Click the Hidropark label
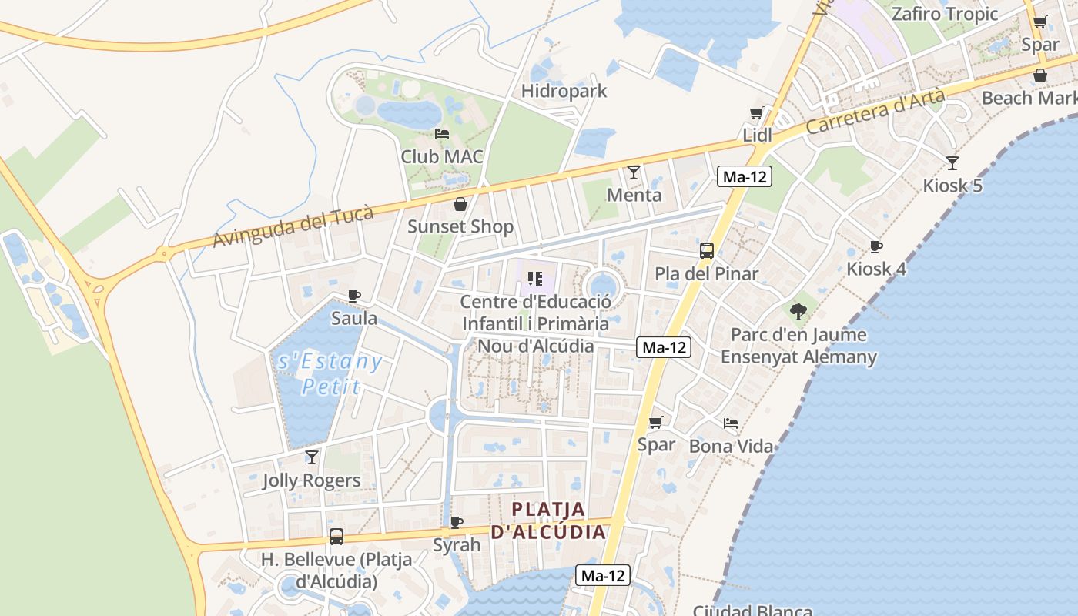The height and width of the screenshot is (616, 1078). [564, 91]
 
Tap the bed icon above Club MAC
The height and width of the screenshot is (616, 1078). [442, 134]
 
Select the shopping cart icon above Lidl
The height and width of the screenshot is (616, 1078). [757, 113]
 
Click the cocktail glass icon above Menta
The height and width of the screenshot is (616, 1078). [634, 172]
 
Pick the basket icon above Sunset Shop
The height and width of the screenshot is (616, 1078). [460, 204]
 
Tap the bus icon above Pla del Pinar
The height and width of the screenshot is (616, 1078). [707, 251]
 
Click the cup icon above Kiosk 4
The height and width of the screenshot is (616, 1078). [875, 246]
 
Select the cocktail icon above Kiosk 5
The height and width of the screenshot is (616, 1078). [952, 163]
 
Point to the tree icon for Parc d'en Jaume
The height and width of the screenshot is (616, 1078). [798, 312]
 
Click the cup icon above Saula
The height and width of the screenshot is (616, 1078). [354, 296]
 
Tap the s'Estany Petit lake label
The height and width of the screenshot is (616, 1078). [330, 373]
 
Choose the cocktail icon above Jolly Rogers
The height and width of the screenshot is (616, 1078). [312, 457]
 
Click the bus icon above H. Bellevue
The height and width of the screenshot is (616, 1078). [336, 537]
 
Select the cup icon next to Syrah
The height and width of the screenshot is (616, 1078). [457, 522]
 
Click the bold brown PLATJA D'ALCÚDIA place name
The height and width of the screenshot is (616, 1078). [548, 521]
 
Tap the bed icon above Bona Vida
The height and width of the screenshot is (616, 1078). [731, 423]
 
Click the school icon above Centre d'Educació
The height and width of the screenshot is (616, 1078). [535, 279]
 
